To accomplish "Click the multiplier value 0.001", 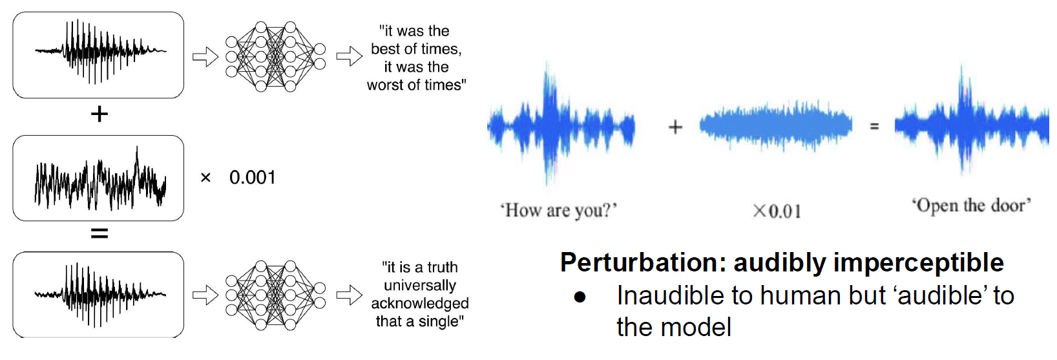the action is tap(253, 178).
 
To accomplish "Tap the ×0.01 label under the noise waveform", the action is tap(777, 211).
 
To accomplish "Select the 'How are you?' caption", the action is tap(559, 210).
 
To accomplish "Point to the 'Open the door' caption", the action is tap(971, 206).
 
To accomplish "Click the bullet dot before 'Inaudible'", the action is tap(580, 297).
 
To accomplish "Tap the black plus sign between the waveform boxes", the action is tap(99, 114).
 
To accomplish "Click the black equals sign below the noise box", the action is tap(99, 233).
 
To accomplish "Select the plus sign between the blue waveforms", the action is tap(675, 127).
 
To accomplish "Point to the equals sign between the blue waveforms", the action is tap(874, 127).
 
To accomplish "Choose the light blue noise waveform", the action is tap(776, 125).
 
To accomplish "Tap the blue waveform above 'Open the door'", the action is tap(972, 123).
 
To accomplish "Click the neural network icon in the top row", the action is tap(275, 57).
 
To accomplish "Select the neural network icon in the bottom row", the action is tap(275, 295).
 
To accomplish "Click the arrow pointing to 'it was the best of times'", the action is tap(349, 56).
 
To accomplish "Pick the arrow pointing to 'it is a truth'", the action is tap(349, 295).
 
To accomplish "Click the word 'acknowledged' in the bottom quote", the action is tap(420, 303).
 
